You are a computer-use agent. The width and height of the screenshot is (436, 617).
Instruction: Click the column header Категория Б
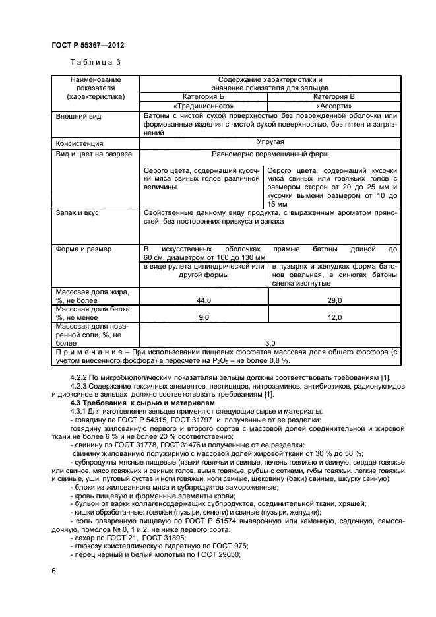tap(203, 96)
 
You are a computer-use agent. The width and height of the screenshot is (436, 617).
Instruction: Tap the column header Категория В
tap(333, 96)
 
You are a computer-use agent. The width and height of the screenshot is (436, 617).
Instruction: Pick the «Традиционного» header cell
tap(203, 106)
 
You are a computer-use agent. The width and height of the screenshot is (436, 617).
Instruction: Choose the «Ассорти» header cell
tap(333, 106)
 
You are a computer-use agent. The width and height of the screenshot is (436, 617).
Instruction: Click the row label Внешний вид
tap(78, 116)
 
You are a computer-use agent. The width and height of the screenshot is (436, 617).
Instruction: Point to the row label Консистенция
tap(80, 143)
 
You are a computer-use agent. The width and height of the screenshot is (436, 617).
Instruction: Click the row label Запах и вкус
tap(78, 213)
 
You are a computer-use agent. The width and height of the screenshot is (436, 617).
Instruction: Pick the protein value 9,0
tap(203, 318)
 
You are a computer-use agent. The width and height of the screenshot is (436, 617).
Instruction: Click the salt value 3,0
tap(270, 343)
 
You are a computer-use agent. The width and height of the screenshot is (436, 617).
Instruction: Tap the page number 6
tap(53, 570)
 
